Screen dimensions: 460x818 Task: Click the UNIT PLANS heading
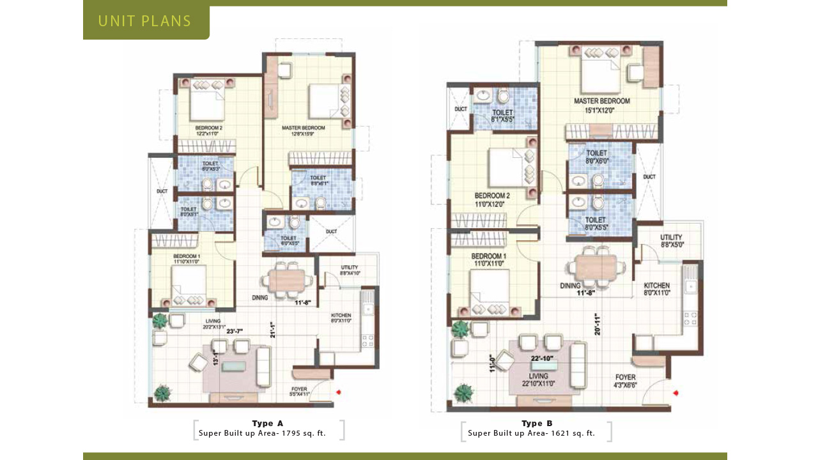point(144,21)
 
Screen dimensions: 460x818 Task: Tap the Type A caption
point(267,424)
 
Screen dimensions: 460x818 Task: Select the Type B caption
point(537,424)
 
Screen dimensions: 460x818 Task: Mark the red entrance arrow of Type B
point(675,393)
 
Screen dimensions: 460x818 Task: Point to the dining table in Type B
point(596,267)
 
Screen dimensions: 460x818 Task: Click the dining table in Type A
point(287,280)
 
